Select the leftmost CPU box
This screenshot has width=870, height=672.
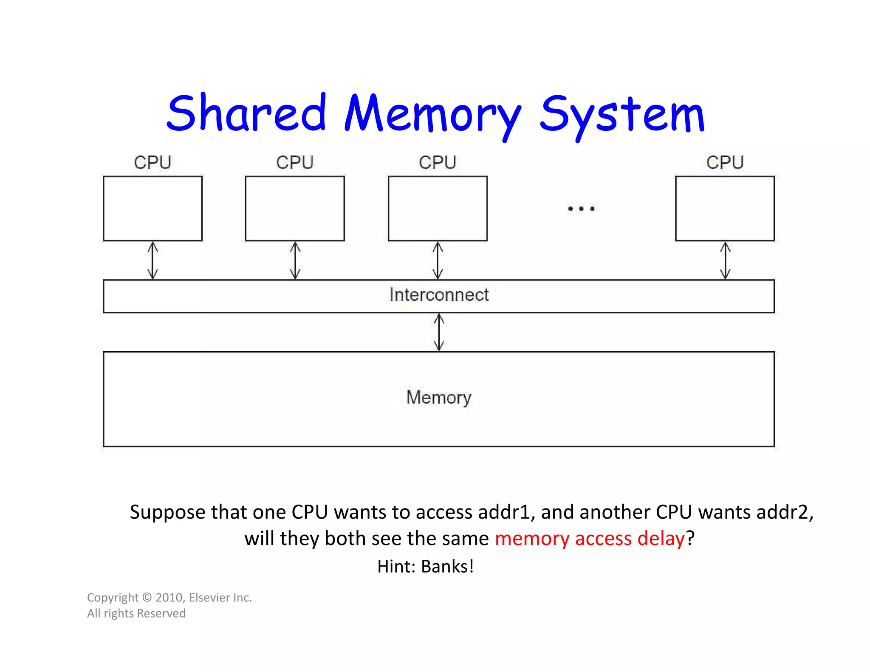(x=153, y=209)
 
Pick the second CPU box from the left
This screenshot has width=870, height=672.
(x=295, y=209)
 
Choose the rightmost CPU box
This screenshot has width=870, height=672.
(x=725, y=209)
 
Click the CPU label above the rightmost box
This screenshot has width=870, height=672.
(x=725, y=163)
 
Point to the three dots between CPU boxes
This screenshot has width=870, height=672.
(x=581, y=209)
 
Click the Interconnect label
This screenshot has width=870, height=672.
(x=439, y=295)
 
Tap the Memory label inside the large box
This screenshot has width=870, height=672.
(x=439, y=398)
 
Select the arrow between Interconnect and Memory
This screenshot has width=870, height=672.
(x=439, y=332)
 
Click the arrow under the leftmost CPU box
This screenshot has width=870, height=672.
(x=153, y=260)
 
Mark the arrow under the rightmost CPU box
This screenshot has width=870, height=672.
(x=725, y=260)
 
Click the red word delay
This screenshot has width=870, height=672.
(x=661, y=539)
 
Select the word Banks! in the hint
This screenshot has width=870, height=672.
(x=447, y=567)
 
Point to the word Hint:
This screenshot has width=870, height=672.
(x=396, y=567)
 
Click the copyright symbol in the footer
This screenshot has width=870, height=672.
(x=147, y=598)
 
